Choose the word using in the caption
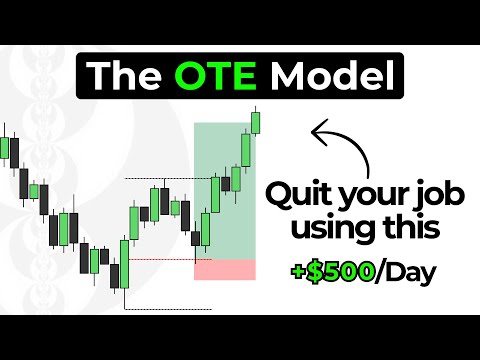(336, 230)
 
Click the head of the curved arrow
(319, 131)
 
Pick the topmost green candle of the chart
(256, 123)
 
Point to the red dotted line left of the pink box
(160, 260)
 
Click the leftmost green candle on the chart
(6, 149)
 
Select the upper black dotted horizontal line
(160, 179)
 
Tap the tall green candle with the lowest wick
(124, 264)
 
